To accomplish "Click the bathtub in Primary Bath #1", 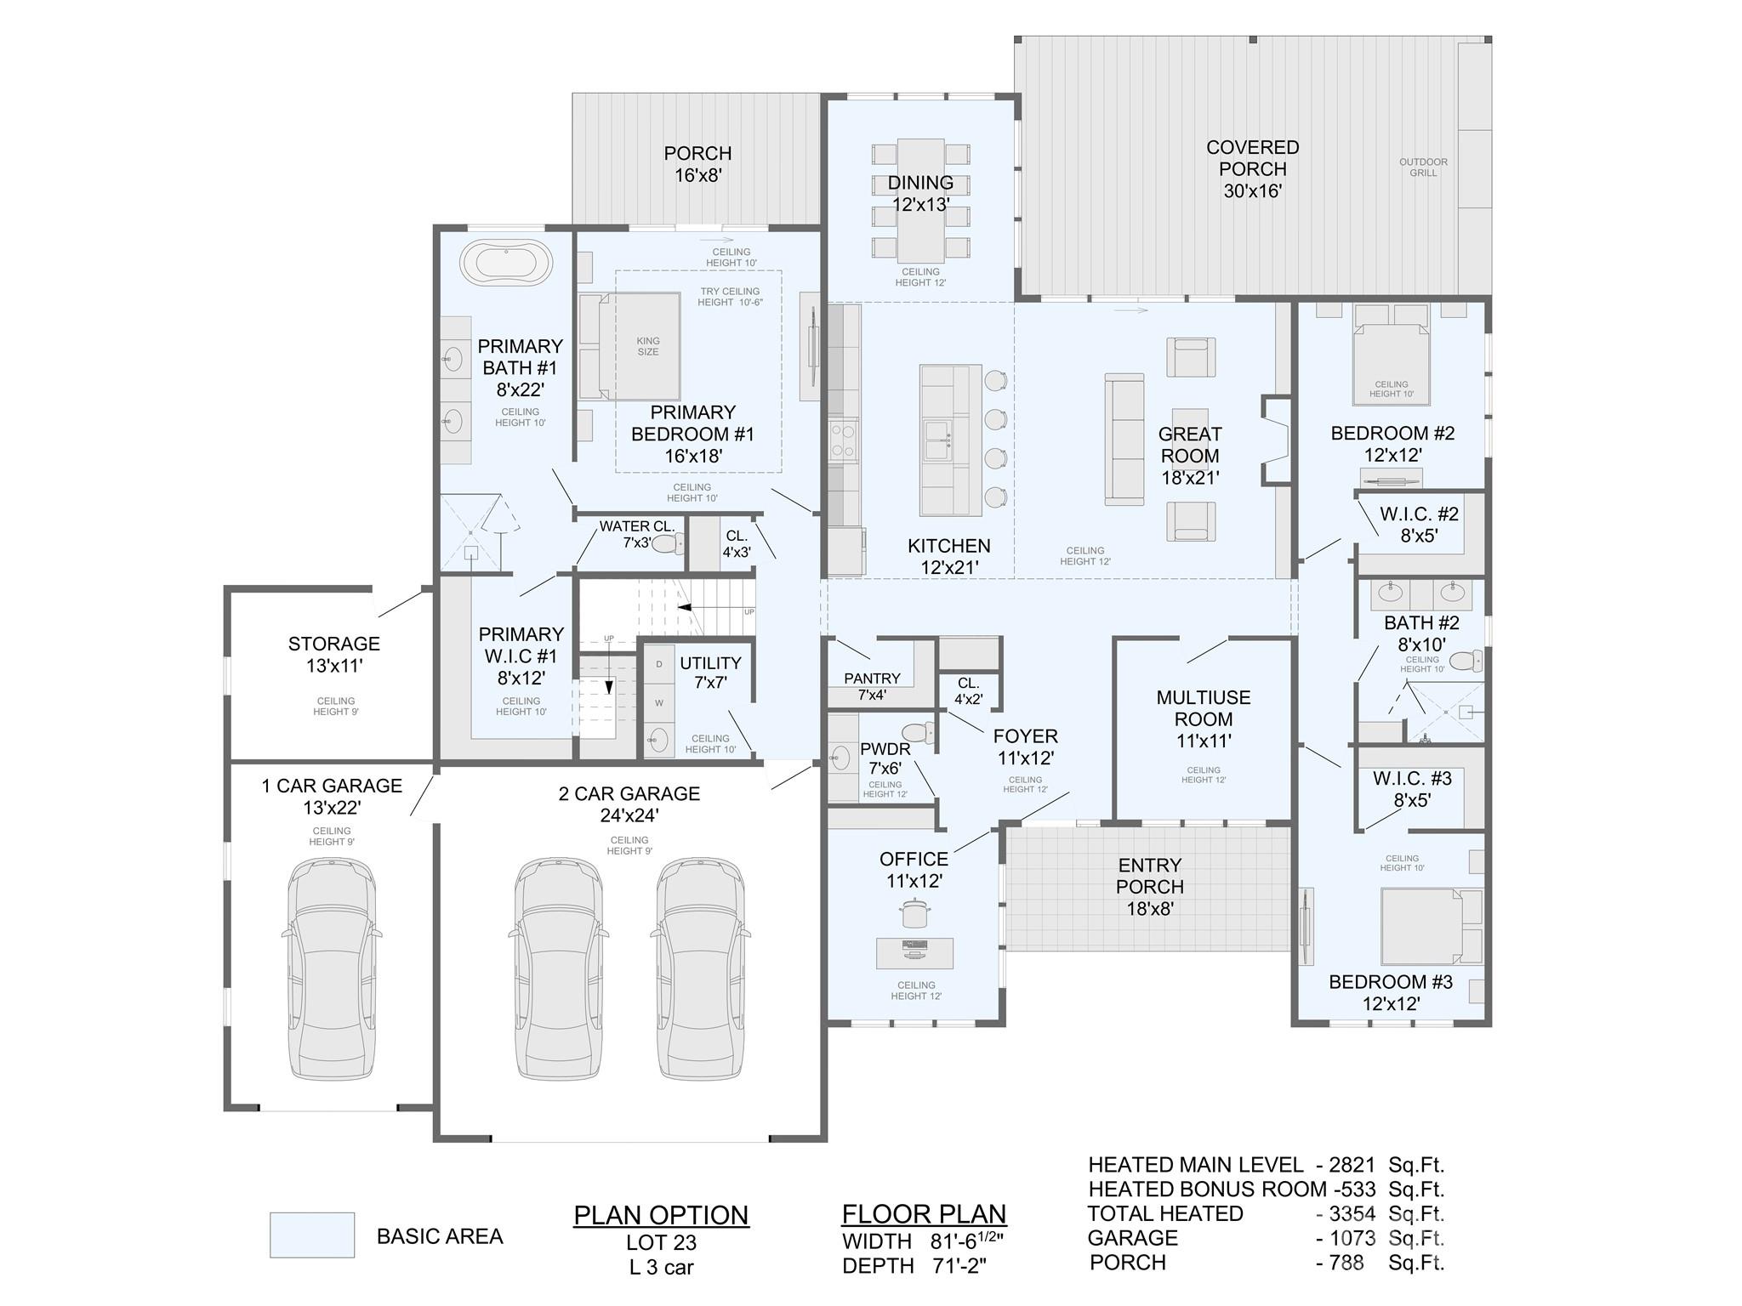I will click(506, 263).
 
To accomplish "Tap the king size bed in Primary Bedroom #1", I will click(640, 346).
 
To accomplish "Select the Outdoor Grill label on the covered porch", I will click(1423, 168).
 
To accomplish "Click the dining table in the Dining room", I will click(920, 202).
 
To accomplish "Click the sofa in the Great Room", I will click(1124, 439).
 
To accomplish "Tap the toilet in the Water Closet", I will click(669, 544).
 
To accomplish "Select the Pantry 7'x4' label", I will click(872, 686).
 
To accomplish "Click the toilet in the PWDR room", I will click(918, 732).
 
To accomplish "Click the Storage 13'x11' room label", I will click(334, 655).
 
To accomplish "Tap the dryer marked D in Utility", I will click(659, 664).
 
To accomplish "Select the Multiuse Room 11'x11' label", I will click(1203, 718).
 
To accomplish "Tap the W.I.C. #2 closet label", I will click(1418, 525).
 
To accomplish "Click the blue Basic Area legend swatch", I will click(311, 1235).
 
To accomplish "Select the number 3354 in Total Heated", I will click(1352, 1213).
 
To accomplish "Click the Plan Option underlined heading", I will click(661, 1215).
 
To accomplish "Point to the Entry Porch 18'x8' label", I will click(1149, 886).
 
